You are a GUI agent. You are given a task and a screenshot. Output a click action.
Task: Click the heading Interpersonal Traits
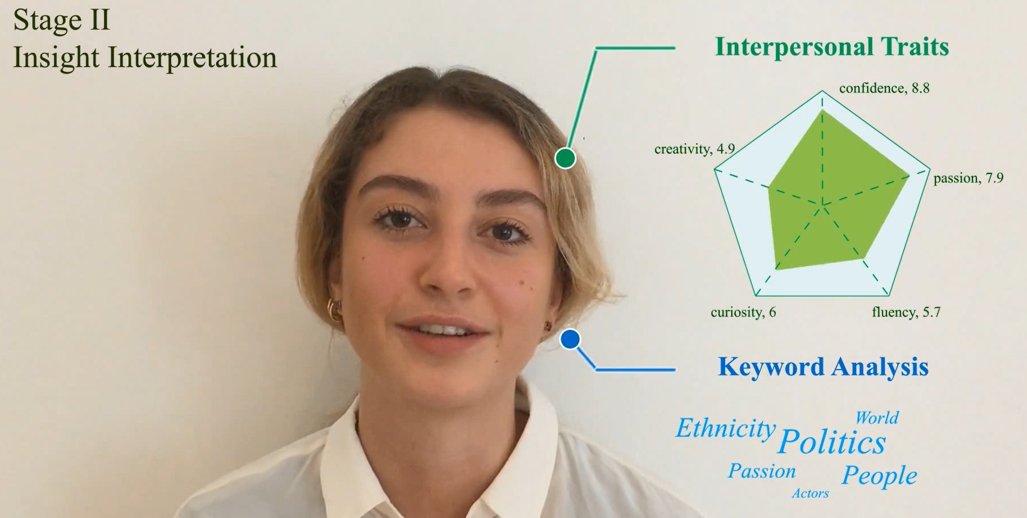click(832, 47)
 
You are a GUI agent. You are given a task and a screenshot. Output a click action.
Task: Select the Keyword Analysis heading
click(823, 367)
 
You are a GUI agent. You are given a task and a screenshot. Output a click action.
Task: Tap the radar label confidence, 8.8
click(884, 88)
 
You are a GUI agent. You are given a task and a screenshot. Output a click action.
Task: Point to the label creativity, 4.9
click(695, 149)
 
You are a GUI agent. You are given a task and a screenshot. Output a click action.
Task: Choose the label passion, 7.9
click(968, 178)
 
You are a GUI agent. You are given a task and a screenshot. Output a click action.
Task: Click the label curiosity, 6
click(743, 312)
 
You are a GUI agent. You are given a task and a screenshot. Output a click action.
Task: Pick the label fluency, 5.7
click(906, 312)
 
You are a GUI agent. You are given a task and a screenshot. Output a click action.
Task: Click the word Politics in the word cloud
click(831, 442)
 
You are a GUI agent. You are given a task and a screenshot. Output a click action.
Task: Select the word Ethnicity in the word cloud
click(726, 428)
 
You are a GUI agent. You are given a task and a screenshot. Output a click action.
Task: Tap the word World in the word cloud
click(877, 418)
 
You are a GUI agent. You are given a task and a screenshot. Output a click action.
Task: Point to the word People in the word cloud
click(879, 475)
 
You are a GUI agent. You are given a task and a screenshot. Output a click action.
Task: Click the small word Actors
click(810, 494)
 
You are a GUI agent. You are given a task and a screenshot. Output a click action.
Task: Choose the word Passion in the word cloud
click(762, 471)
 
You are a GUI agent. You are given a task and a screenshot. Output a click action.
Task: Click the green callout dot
click(565, 158)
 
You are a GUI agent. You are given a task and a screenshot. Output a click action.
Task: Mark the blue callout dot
click(570, 339)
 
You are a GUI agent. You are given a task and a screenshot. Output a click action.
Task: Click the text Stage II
click(61, 20)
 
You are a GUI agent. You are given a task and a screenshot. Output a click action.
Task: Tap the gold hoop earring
click(334, 310)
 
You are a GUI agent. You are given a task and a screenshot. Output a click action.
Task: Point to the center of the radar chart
click(822, 204)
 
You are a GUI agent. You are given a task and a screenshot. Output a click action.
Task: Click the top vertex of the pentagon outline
click(822, 91)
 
